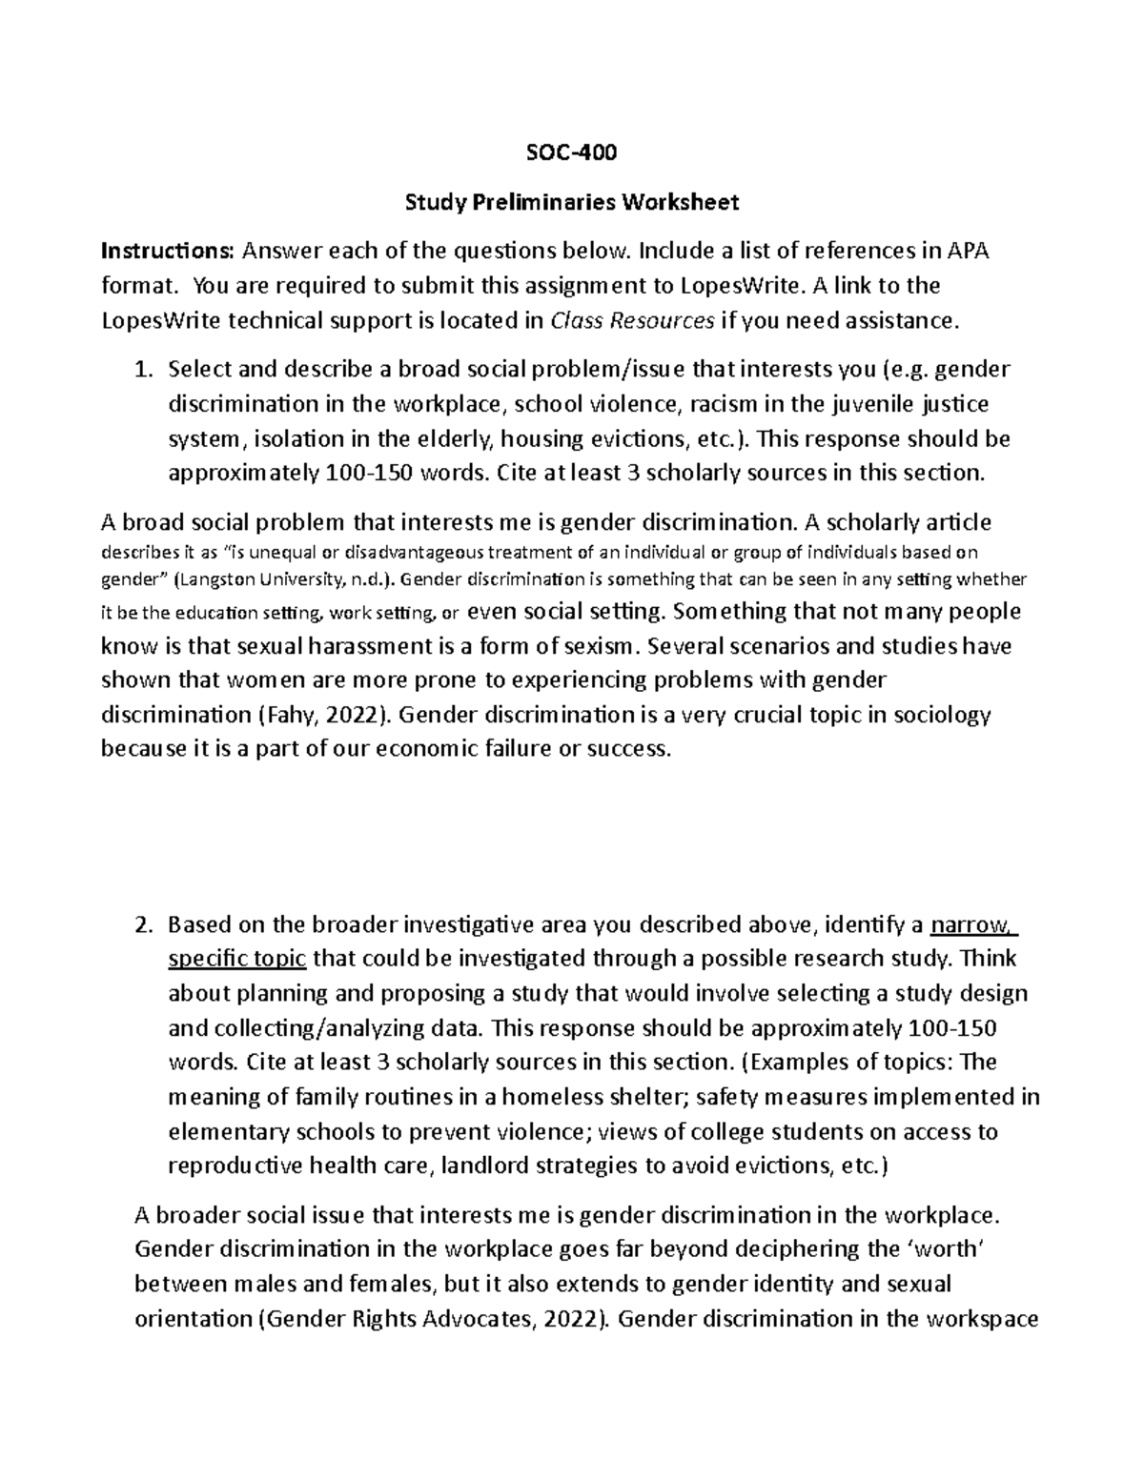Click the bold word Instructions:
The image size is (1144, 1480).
(167, 252)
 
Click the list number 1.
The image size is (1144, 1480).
(143, 370)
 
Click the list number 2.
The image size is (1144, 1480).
(143, 924)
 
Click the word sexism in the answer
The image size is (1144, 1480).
(599, 646)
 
